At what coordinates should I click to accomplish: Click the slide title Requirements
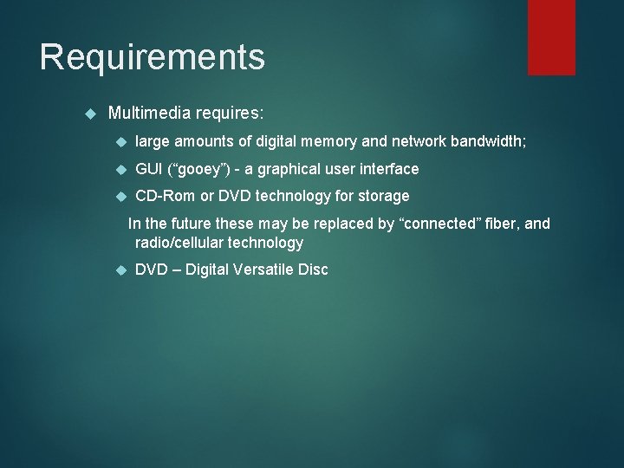tap(152, 57)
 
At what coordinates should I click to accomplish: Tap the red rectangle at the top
tap(551, 36)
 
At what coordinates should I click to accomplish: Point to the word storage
tap(382, 196)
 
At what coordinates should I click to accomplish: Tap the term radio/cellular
tap(185, 243)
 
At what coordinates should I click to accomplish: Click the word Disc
tap(312, 270)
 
